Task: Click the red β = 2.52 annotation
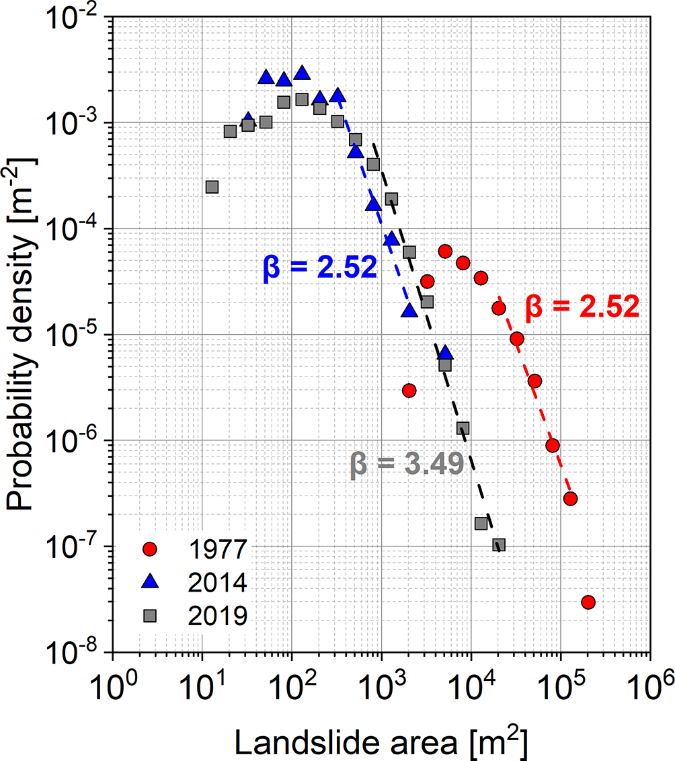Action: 582,307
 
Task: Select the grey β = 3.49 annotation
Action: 407,465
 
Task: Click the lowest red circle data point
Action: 588,602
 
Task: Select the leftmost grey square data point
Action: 212,187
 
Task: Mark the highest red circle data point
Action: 444,251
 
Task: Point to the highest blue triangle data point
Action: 302,73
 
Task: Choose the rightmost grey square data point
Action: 498,545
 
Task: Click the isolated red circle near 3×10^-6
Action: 409,390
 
